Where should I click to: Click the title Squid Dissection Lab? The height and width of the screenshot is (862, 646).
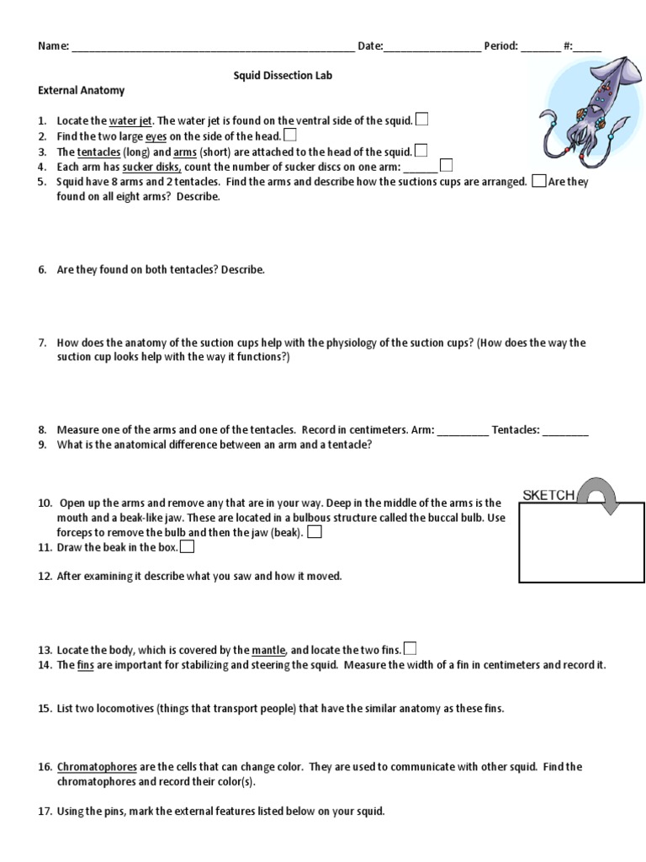click(x=283, y=75)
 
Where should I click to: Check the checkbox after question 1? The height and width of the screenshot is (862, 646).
click(x=422, y=120)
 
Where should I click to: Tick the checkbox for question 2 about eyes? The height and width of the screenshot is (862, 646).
click(x=290, y=135)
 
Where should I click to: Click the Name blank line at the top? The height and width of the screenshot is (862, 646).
click(x=213, y=47)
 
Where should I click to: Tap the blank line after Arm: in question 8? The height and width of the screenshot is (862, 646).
click(x=463, y=430)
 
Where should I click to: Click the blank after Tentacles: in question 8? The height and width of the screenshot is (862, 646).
click(x=565, y=430)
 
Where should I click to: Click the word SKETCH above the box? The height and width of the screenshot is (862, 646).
click(x=549, y=496)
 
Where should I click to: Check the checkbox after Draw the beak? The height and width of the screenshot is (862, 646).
click(x=188, y=546)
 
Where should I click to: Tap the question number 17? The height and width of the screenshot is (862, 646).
click(x=45, y=811)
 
